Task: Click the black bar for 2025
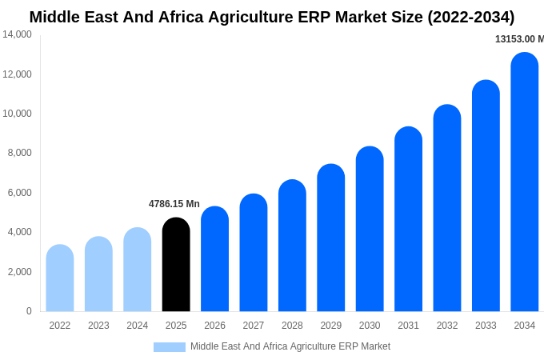[x=176, y=265]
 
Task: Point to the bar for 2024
[x=138, y=270]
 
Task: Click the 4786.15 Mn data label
[x=174, y=204]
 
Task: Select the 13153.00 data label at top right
[x=519, y=39]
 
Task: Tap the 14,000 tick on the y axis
[x=17, y=34]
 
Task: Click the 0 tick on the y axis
[x=29, y=311]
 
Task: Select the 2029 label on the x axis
[x=331, y=326]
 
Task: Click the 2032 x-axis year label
[x=447, y=326]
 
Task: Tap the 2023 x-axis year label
[x=98, y=326]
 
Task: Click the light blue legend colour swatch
[x=170, y=347]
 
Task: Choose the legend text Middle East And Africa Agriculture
[x=290, y=346]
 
